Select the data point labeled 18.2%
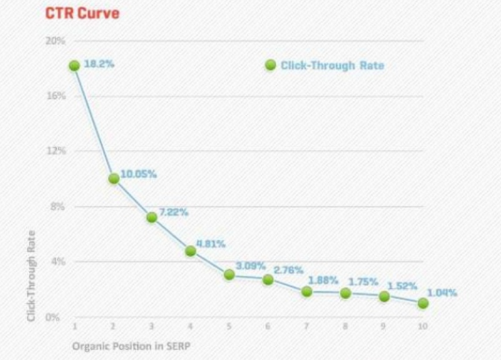tap(74, 65)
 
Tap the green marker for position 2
tap(113, 178)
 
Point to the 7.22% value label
tap(173, 212)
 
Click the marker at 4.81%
tap(190, 251)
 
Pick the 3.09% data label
tap(250, 265)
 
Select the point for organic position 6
tap(268, 279)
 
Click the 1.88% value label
tap(323, 280)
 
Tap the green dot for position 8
tap(346, 293)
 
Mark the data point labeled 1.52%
tap(384, 296)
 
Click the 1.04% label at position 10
tap(442, 292)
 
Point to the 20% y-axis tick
tap(56, 41)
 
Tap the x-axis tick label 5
tap(229, 327)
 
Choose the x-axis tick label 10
tap(423, 327)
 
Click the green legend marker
tap(271, 65)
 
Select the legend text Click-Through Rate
tap(332, 65)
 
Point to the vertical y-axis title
tap(31, 275)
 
